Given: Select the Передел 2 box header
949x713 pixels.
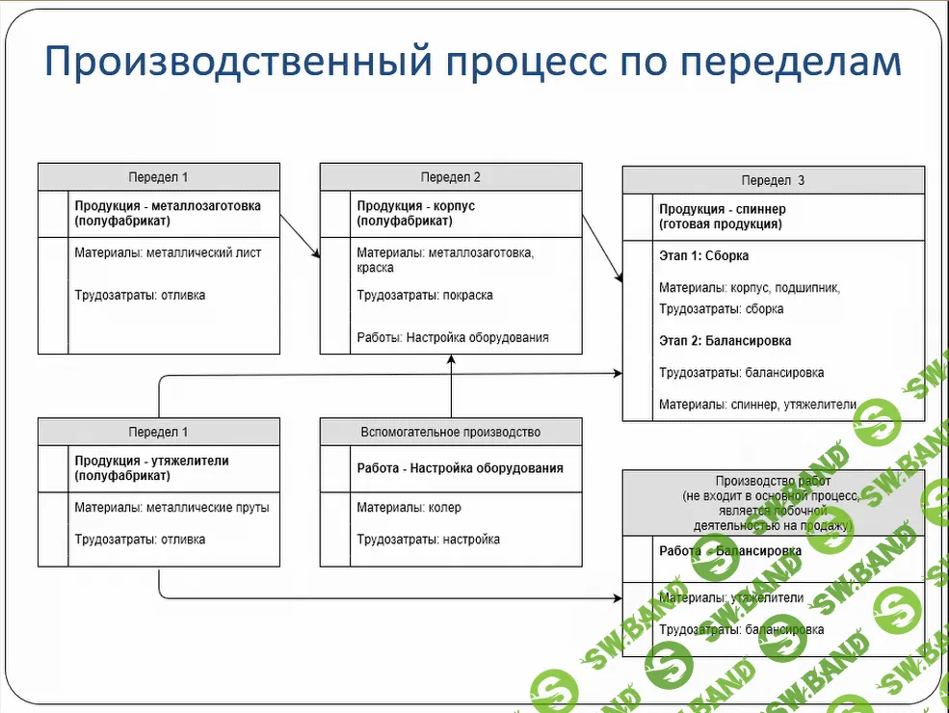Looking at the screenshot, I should point(450,177).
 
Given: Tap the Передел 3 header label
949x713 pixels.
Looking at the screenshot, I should point(773,180).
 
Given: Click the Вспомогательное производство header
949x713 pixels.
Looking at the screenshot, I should point(450,432).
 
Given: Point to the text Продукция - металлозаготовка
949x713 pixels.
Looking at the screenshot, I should point(168,206).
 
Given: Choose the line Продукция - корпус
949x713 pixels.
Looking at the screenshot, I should point(415,206).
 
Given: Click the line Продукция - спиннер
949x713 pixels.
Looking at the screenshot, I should point(722,209).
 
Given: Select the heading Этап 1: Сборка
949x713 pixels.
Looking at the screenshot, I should point(703,256).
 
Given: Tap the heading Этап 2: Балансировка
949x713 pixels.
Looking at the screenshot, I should point(725,341).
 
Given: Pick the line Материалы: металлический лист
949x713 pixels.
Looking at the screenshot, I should point(168,253).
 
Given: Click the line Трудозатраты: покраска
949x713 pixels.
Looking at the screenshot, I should point(424,295).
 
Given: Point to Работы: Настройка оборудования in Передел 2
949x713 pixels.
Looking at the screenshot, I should point(452,337).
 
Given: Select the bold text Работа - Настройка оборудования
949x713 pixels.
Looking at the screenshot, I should point(460,468).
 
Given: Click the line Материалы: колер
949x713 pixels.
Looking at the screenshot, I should point(409,508).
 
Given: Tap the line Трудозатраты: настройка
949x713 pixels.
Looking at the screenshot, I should point(428,540).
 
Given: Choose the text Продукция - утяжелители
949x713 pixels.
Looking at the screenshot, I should point(151,461).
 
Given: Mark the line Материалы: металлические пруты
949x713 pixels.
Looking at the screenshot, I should point(171,508).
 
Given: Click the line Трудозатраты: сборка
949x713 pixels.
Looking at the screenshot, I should point(721,309).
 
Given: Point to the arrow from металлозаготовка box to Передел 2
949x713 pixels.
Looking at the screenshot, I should point(300,236).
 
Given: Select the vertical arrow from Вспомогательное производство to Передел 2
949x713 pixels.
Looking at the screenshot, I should point(451,385).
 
